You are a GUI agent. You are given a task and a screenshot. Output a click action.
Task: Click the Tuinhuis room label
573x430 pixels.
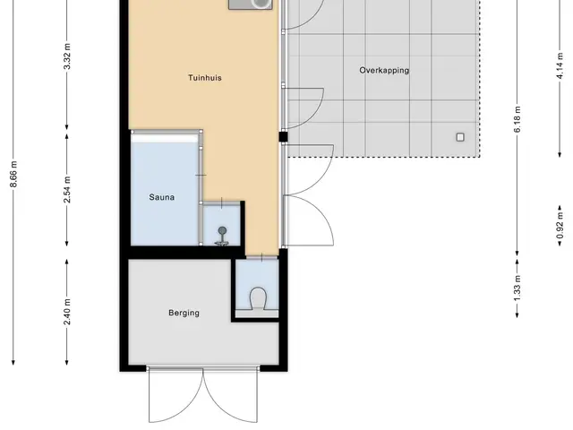pyautogui.click(x=205, y=78)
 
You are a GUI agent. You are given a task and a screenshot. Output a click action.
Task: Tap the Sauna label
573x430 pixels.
pyautogui.click(x=161, y=197)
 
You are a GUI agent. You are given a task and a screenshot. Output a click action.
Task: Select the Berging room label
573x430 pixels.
pyautogui.click(x=184, y=313)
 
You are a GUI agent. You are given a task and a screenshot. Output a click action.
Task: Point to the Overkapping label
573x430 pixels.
pyautogui.click(x=384, y=70)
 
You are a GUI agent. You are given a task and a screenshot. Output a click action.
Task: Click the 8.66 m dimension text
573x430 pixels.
pyautogui.click(x=13, y=175)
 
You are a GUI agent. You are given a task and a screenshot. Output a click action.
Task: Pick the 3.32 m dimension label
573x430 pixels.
pyautogui.click(x=67, y=56)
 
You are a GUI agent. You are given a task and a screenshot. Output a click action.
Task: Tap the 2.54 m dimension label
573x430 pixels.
pyautogui.click(x=67, y=189)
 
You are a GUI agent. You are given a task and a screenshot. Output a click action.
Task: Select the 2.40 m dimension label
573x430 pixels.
pyautogui.click(x=67, y=312)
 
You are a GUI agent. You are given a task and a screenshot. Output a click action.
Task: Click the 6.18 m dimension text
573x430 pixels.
pyautogui.click(x=517, y=119)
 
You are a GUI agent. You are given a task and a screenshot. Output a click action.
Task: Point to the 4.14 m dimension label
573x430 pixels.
pyautogui.click(x=560, y=66)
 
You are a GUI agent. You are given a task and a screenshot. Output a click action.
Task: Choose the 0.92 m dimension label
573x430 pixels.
pyautogui.click(x=560, y=226)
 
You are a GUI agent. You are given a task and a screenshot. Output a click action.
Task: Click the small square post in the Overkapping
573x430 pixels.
pyautogui.click(x=460, y=137)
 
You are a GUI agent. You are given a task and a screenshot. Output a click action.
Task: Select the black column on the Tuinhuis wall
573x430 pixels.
pyautogui.click(x=283, y=137)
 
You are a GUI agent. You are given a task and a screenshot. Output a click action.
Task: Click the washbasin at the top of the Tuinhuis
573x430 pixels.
pyautogui.click(x=251, y=4)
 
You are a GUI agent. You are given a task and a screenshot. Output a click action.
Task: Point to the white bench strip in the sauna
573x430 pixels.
pyautogui.click(x=165, y=139)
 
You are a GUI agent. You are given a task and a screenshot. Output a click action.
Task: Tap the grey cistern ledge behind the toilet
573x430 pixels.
pyautogui.click(x=257, y=314)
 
